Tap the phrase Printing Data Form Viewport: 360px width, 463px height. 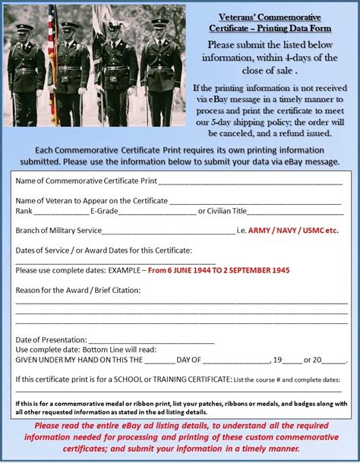294,27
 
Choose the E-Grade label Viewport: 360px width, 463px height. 104,211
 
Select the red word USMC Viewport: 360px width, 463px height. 318,231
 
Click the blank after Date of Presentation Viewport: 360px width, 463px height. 141,339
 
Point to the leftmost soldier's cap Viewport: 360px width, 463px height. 25,28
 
